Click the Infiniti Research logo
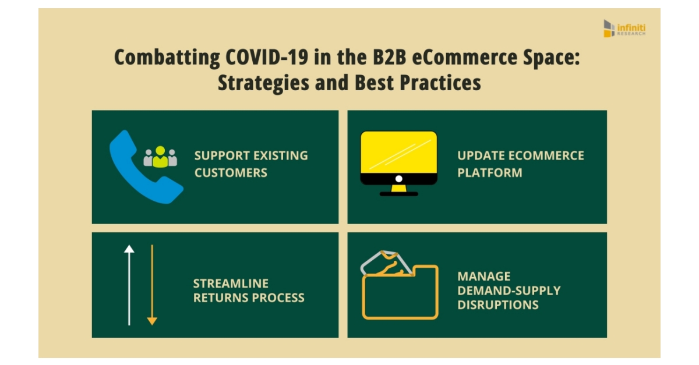click(624, 29)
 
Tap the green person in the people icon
click(160, 156)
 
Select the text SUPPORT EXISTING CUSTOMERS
click(250, 164)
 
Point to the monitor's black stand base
click(398, 193)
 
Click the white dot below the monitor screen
click(398, 179)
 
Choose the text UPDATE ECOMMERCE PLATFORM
click(520, 164)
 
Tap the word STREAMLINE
click(231, 284)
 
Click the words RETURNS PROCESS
click(248, 297)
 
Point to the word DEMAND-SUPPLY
click(509, 290)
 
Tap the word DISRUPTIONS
click(497, 304)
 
